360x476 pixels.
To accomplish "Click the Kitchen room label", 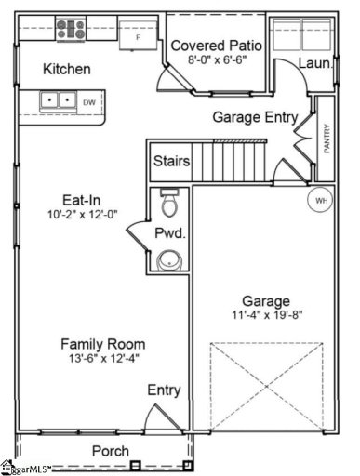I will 67,69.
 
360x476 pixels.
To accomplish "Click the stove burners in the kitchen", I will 69,27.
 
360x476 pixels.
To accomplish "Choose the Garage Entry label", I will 255,117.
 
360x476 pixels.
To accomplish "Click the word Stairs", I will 172,162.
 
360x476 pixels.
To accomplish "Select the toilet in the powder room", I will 168,204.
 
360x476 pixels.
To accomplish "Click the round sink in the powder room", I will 168,259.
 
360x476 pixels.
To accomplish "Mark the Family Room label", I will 103,343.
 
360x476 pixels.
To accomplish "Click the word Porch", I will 110,451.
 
